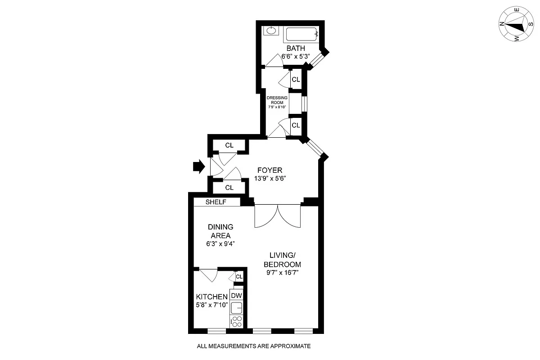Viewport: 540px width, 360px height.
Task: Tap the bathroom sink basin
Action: click(x=271, y=31)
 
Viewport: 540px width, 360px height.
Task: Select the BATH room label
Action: click(x=296, y=49)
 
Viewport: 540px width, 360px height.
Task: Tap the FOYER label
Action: click(x=270, y=170)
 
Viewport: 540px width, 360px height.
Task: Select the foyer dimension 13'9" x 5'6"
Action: click(x=270, y=178)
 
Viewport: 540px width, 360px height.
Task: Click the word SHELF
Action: click(x=216, y=202)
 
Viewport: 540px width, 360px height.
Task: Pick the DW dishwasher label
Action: click(x=237, y=296)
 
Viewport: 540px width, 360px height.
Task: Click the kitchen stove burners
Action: click(x=237, y=321)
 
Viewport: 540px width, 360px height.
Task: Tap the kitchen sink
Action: click(x=237, y=308)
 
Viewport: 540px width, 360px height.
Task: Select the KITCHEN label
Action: click(x=211, y=297)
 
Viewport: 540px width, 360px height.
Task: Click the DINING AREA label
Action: click(x=220, y=231)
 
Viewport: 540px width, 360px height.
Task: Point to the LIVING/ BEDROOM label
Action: click(x=282, y=260)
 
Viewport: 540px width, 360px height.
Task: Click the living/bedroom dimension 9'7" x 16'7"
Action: click(x=282, y=272)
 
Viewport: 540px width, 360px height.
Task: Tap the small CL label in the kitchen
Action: click(x=239, y=277)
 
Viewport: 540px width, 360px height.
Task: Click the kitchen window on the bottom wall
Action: click(x=216, y=331)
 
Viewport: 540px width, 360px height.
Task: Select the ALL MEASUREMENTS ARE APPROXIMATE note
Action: click(x=254, y=346)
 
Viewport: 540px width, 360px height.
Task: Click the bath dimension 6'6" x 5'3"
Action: click(x=297, y=57)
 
